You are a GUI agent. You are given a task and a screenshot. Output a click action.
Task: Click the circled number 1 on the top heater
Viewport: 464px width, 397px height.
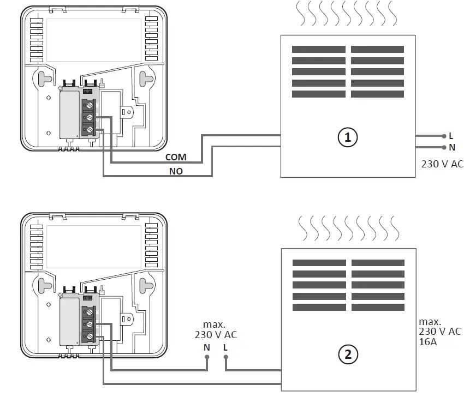tap(347, 137)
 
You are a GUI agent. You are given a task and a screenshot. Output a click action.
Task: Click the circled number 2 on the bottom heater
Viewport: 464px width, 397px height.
tap(348, 354)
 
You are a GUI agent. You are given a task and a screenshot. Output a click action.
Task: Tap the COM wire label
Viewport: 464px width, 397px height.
tap(176, 157)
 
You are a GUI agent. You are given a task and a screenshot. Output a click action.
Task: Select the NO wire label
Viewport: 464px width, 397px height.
tap(176, 171)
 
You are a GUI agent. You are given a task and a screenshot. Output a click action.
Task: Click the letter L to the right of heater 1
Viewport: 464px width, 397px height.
tap(451, 136)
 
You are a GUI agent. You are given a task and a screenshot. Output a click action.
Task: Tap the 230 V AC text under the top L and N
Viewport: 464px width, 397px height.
tap(442, 164)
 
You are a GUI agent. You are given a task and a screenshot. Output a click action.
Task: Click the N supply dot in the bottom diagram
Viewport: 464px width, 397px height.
tap(207, 358)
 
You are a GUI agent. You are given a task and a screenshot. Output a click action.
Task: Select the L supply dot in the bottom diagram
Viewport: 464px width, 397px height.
tap(225, 358)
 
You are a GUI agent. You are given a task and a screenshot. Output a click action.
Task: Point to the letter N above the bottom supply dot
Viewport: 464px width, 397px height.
tap(207, 347)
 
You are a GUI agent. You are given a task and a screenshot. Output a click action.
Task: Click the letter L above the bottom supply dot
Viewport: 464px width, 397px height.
tap(225, 347)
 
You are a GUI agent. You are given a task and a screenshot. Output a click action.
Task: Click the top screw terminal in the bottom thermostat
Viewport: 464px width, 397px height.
tap(88, 312)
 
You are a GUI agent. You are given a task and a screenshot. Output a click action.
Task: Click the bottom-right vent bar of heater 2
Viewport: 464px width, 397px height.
tap(378, 308)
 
